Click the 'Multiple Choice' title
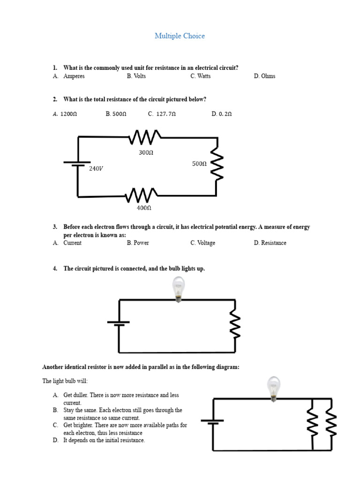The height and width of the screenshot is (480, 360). tap(180, 36)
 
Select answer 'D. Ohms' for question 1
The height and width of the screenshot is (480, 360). tap(264, 76)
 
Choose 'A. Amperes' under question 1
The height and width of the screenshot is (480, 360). tap(69, 76)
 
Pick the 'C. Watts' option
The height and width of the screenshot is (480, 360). tap(200, 76)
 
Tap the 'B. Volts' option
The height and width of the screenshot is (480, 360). tap(136, 76)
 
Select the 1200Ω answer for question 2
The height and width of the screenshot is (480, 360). tap(65, 113)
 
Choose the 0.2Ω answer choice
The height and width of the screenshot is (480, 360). tap(222, 113)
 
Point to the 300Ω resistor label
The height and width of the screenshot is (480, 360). tap(146, 153)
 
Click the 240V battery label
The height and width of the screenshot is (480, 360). tap(96, 169)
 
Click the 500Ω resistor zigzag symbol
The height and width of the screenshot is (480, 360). tap(217, 164)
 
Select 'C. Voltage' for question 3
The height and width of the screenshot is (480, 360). tap(202, 243)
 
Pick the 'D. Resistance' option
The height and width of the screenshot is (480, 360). tap(270, 243)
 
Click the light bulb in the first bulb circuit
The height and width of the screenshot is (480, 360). tap(178, 288)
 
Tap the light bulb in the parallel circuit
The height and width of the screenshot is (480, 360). tap(273, 388)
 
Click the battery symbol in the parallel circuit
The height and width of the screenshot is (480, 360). tap(212, 421)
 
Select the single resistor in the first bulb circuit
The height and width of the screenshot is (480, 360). tap(234, 325)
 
